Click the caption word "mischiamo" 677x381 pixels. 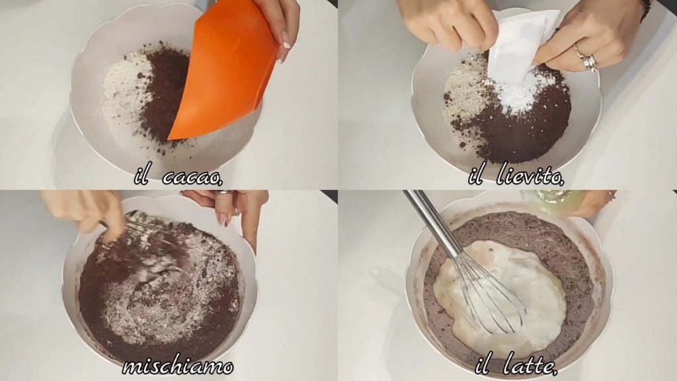[x=178, y=366]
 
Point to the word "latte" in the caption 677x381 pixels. [x=530, y=366]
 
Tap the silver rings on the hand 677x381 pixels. [x=587, y=58]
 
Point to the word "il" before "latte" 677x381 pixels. [x=483, y=366]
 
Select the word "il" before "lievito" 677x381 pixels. [x=476, y=176]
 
